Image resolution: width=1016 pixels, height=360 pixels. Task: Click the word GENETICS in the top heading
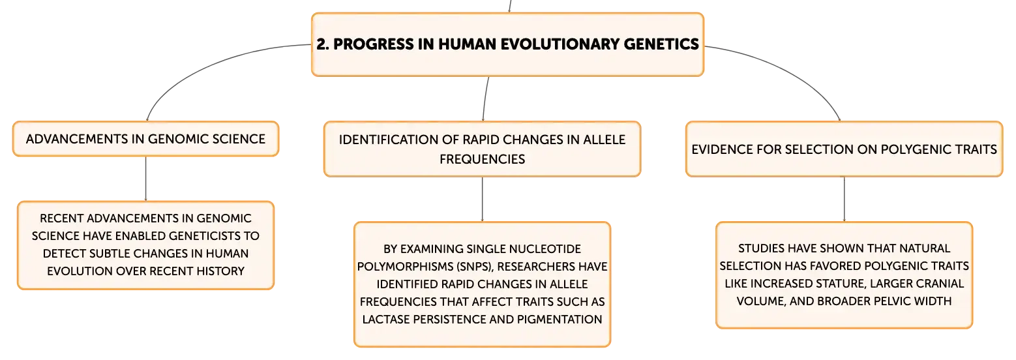[x=661, y=44]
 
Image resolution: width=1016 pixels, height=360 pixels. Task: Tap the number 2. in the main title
[x=323, y=44]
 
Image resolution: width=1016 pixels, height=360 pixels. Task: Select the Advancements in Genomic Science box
[x=145, y=139]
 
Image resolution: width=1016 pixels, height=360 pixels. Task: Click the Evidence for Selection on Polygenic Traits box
[x=844, y=149]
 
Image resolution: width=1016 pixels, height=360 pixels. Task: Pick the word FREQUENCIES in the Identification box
[x=482, y=159]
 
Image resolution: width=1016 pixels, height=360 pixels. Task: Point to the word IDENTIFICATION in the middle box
[x=389, y=140]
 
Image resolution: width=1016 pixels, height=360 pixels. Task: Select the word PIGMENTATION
[x=560, y=319]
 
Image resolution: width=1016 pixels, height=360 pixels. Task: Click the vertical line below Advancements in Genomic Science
[x=145, y=179]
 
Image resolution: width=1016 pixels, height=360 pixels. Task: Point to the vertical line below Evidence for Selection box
[x=844, y=199]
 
